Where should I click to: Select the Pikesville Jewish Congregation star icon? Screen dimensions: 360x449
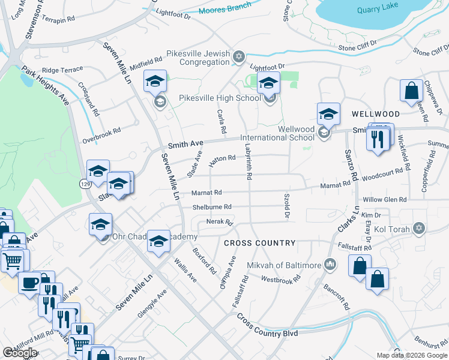[x=239, y=57]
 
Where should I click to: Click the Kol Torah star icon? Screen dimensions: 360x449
[x=419, y=229]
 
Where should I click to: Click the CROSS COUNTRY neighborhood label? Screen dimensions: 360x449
[x=260, y=243]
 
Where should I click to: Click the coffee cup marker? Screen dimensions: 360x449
[x=29, y=283]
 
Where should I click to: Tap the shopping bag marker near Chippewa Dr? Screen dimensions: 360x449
[x=412, y=91]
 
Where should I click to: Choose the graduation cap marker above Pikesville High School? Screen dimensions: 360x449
[x=268, y=83]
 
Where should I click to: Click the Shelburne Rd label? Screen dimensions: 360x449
[x=211, y=207]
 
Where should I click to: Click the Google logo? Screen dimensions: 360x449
[x=19, y=353]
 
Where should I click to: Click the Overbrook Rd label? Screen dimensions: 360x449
[x=101, y=133]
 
